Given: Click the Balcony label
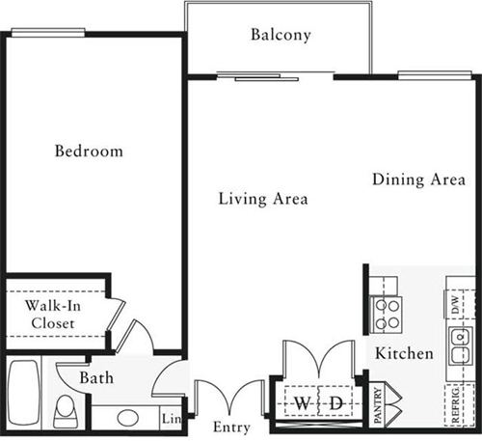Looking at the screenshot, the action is point(281,35).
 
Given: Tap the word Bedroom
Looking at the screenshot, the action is point(89,152).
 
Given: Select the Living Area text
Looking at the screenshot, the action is point(263,199).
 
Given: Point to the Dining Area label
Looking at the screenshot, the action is point(418,179).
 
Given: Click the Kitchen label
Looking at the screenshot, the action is point(404,353).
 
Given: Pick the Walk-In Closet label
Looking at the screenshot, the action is point(53,315).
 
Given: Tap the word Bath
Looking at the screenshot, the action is point(96,377).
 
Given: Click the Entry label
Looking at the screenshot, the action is point(231,427).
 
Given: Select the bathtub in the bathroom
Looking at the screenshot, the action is point(24,393).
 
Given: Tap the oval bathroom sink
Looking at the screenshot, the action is point(128,418).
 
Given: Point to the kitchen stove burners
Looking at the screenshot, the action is point(387,313).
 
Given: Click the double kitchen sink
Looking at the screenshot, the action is point(461,345).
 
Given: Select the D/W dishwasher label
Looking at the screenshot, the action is point(456,305).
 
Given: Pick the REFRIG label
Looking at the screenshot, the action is point(455,405).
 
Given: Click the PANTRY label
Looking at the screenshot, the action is point(378,405).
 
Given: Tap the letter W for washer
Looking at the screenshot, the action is point(302,403).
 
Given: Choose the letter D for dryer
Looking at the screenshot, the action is point(336,403).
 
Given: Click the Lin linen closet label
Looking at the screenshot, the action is point(172,419).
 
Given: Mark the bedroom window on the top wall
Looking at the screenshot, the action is point(48,32).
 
